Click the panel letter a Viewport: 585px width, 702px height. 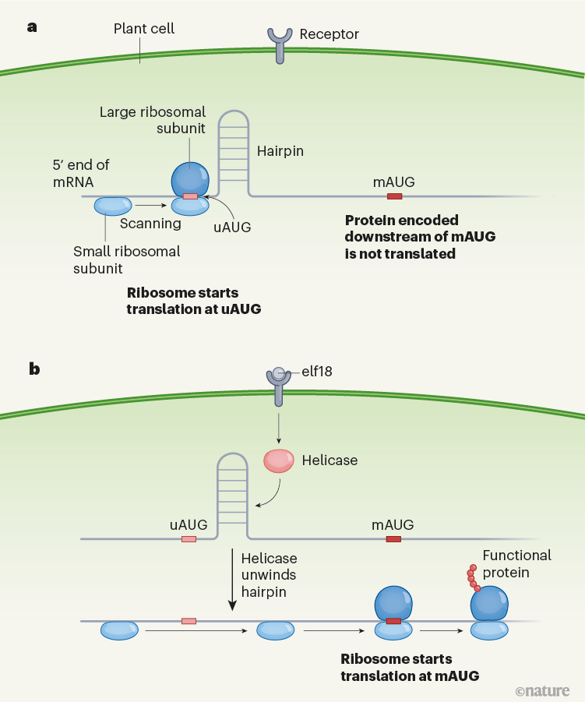32,27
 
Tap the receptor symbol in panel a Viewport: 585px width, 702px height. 280,44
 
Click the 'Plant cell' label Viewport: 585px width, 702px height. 144,29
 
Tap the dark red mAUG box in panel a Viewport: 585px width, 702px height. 395,196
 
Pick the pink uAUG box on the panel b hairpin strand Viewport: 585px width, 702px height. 189,539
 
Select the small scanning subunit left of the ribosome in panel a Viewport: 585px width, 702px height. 113,206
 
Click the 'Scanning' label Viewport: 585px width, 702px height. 150,224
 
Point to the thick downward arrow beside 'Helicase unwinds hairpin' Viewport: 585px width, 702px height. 232,580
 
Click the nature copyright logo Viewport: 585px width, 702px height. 542,690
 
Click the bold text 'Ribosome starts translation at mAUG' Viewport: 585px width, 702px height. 410,668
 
